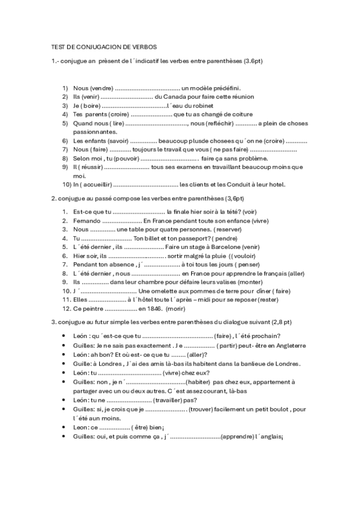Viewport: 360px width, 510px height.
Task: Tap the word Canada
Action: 173,96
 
